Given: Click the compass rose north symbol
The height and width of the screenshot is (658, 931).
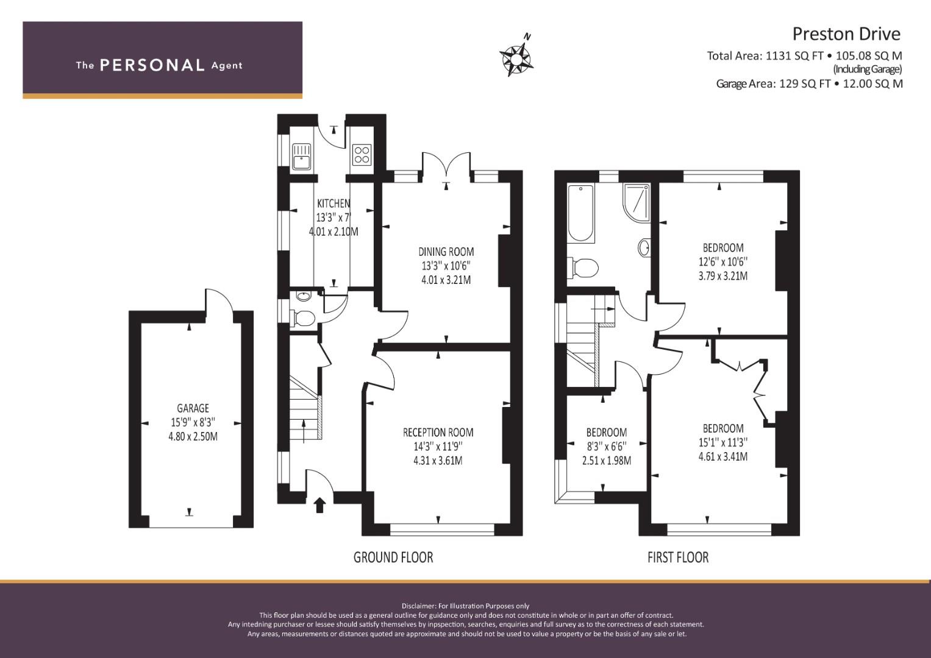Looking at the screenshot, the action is click(x=516, y=56).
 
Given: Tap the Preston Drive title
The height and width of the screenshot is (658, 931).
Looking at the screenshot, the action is click(x=846, y=34).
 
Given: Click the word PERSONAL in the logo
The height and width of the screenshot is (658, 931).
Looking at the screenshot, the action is click(x=152, y=65).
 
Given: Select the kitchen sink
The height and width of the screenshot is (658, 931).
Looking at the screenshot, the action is click(x=301, y=156).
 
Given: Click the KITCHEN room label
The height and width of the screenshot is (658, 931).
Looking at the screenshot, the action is click(x=334, y=203).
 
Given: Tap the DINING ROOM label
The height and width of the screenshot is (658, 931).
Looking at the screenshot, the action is click(x=446, y=252).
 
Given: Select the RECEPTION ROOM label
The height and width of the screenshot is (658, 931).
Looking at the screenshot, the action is click(x=438, y=433).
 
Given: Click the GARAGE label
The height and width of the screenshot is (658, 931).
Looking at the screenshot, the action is click(x=193, y=408).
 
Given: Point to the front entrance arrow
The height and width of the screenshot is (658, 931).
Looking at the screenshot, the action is click(x=319, y=505).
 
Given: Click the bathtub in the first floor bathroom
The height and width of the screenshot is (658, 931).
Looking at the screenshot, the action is click(x=581, y=213).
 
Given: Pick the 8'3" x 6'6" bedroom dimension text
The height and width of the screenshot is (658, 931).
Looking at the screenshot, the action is click(x=607, y=447).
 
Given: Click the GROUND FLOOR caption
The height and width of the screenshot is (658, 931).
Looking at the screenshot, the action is click(x=393, y=557).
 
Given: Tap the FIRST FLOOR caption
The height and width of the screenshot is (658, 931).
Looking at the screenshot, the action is click(x=678, y=557).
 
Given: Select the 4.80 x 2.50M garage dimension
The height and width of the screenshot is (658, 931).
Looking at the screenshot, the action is click(x=193, y=437).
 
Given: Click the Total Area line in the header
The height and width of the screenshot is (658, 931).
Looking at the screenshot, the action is click(x=805, y=55).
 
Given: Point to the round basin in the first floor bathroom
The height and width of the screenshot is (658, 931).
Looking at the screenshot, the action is click(x=644, y=248).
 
